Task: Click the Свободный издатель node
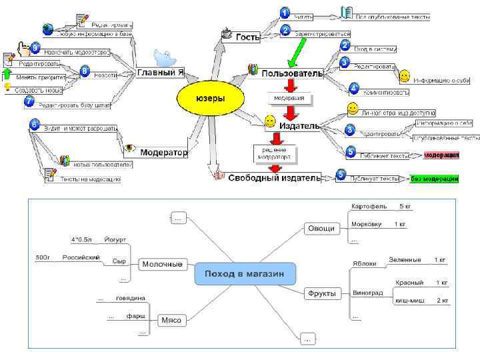coord(274,178)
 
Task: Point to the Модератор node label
coord(164,152)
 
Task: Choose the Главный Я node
coord(160,71)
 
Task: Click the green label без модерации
coord(434,178)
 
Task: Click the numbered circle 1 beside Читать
coord(284,13)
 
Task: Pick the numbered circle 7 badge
coord(29,101)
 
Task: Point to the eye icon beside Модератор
coord(129,148)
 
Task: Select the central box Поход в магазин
coord(243,273)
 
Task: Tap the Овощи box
coord(321,229)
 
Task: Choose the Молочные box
coord(163,264)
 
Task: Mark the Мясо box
coord(171,320)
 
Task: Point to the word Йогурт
coord(115,239)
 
